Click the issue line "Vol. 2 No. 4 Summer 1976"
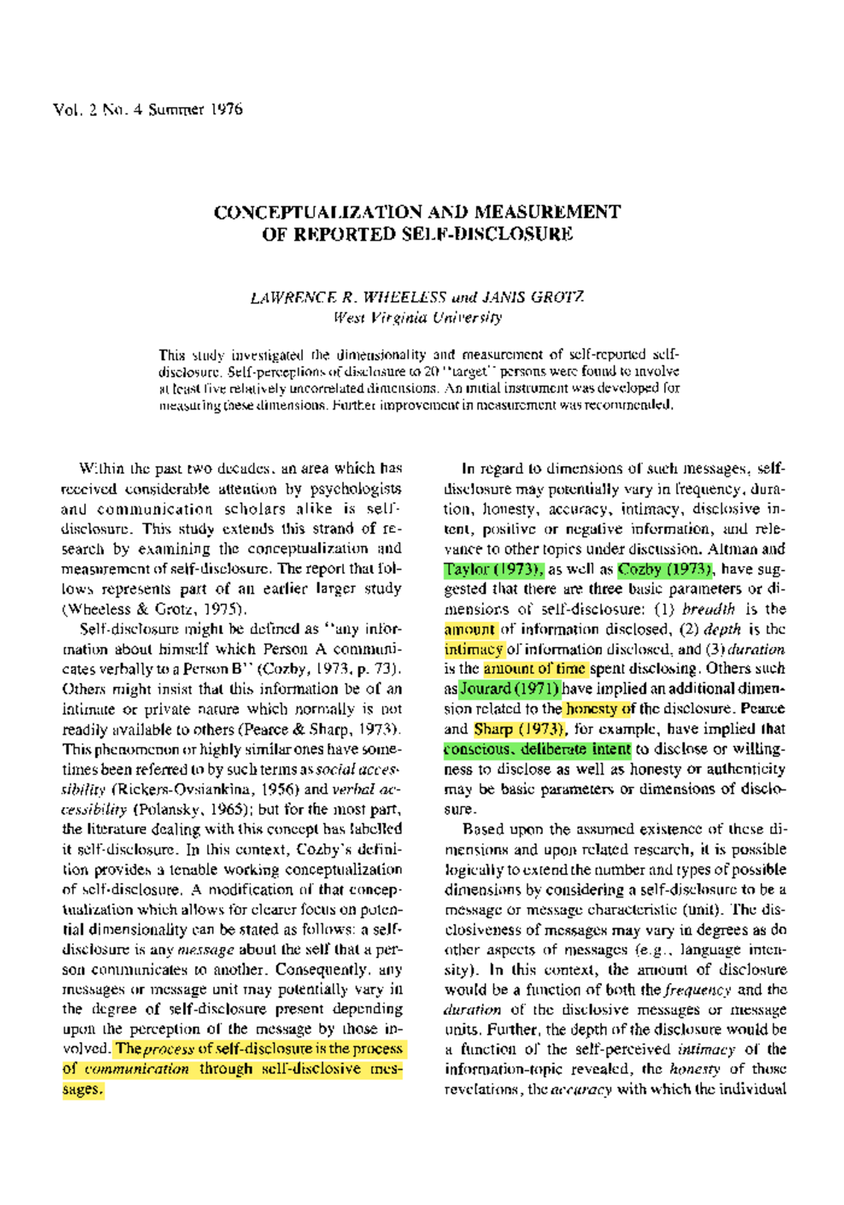click(x=148, y=109)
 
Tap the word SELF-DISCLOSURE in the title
click(x=487, y=234)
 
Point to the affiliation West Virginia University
click(x=418, y=317)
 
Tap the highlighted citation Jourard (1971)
click(x=510, y=688)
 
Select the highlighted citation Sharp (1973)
click(x=519, y=728)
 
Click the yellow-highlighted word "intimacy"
click(x=473, y=649)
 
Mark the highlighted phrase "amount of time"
click(x=535, y=669)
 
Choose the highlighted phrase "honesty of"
click(x=599, y=709)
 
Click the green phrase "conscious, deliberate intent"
click(x=537, y=749)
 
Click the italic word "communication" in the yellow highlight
click(x=136, y=1069)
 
